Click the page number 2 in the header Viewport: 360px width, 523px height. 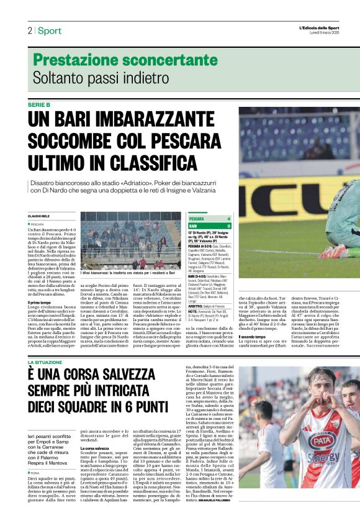[29, 31]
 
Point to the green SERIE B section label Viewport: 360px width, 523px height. [39, 105]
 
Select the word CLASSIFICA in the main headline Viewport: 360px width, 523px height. [156, 160]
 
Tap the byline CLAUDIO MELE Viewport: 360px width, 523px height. [39, 216]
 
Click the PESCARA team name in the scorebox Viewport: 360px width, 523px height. [197, 219]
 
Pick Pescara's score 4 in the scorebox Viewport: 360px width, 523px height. [228, 219]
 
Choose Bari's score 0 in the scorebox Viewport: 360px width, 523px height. [228, 226]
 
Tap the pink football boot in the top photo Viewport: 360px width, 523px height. [336, 252]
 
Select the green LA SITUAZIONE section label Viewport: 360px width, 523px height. [45, 362]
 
